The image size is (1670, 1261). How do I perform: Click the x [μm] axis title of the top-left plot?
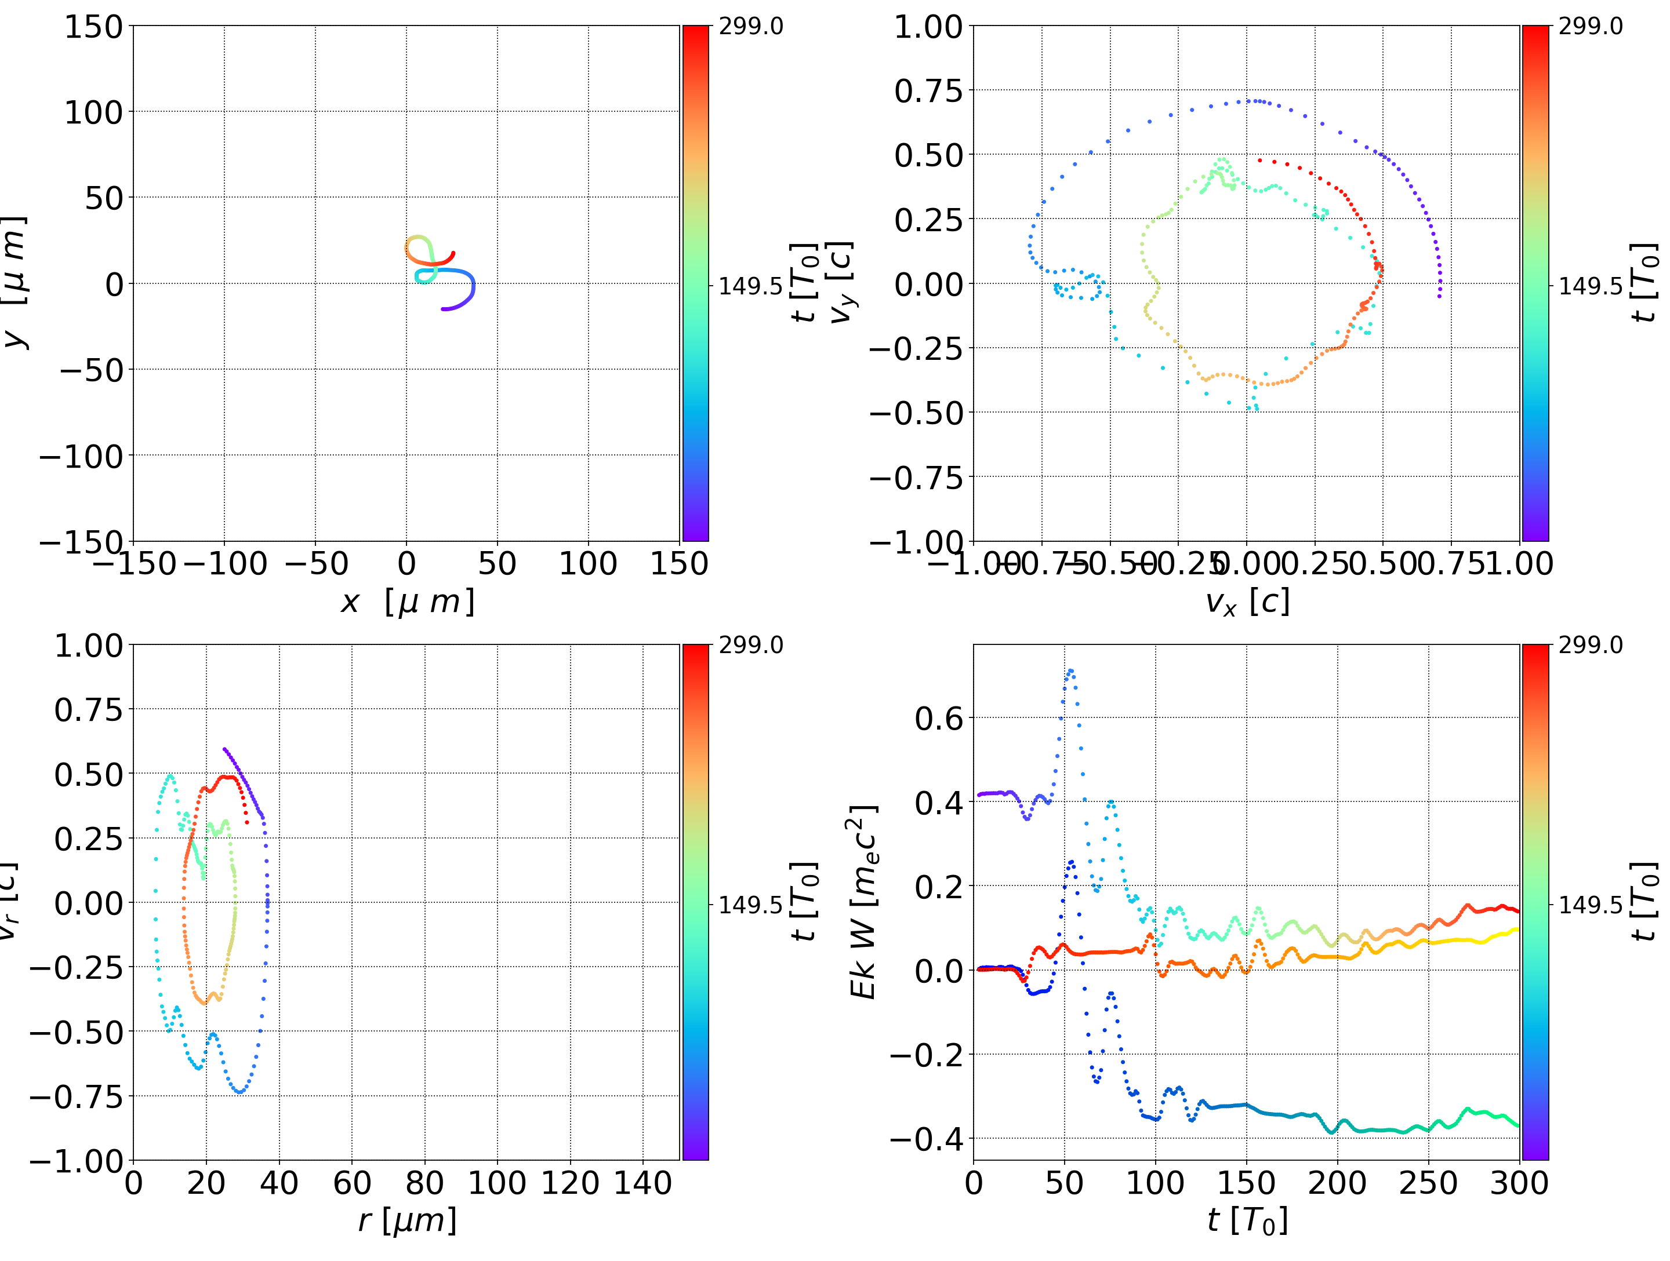[x=407, y=602]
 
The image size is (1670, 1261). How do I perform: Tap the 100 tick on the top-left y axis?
[x=93, y=112]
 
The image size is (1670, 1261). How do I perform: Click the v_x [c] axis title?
[x=1247, y=602]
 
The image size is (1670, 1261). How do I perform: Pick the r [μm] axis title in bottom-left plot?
[x=407, y=1221]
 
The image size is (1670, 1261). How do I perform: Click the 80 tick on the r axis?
[x=424, y=1183]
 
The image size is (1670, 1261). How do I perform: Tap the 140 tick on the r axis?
[x=642, y=1183]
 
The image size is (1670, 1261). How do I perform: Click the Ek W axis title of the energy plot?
[x=862, y=902]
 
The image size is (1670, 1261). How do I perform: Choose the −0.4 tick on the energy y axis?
[x=927, y=1138]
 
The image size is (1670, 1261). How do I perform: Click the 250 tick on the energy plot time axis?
[x=1428, y=1183]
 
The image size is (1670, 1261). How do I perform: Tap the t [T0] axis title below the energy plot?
[x=1247, y=1221]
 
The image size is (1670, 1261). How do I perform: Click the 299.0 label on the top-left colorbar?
[x=750, y=27]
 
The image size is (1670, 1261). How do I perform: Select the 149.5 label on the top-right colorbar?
[x=1590, y=286]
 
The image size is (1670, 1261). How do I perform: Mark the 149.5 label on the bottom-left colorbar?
[x=750, y=905]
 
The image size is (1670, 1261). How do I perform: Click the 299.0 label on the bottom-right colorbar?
[x=1590, y=645]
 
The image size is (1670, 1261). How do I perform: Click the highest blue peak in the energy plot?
[x=1070, y=670]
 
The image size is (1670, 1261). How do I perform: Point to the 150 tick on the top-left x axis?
[x=678, y=564]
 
